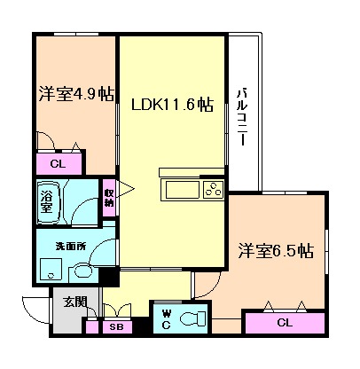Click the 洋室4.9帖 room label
(75, 93)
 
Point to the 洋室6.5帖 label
(275, 251)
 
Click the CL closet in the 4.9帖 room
(58, 163)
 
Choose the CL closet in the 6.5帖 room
(285, 322)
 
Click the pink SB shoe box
(115, 326)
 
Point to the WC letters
(166, 318)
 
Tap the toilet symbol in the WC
(191, 318)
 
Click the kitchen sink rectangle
(180, 188)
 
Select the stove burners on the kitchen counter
(213, 188)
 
